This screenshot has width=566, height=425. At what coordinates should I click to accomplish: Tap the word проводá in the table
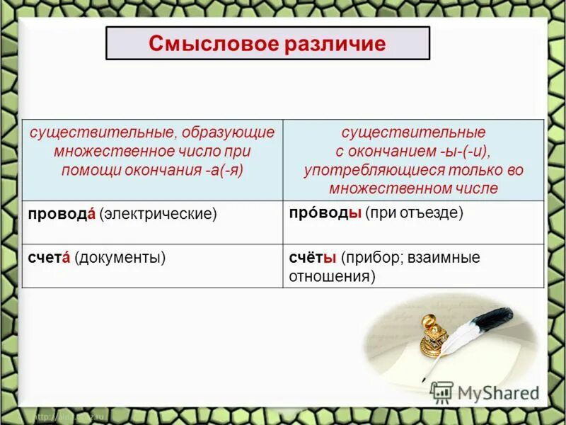pos(61,213)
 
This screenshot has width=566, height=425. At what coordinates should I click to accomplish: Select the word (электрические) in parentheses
pos(158,213)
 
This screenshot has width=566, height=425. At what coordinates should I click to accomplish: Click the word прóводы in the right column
pos(325,212)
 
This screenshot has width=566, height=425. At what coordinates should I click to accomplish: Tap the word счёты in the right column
pos(312,258)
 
